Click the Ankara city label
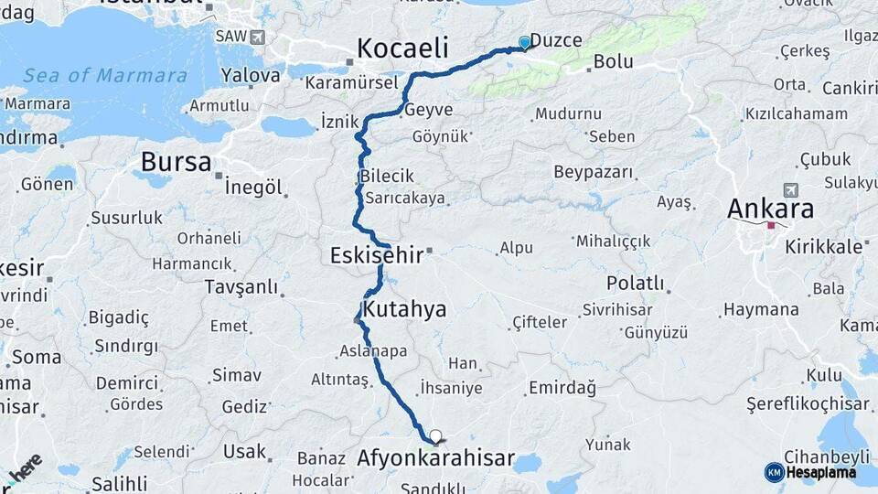[770, 209]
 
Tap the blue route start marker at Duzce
[524, 42]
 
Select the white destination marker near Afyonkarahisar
[435, 437]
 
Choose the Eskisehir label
[377, 255]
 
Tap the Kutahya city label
[404, 309]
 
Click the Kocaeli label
[402, 48]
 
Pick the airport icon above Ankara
[790, 189]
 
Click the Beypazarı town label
[594, 172]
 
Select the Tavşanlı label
[241, 286]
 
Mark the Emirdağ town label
[562, 388]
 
